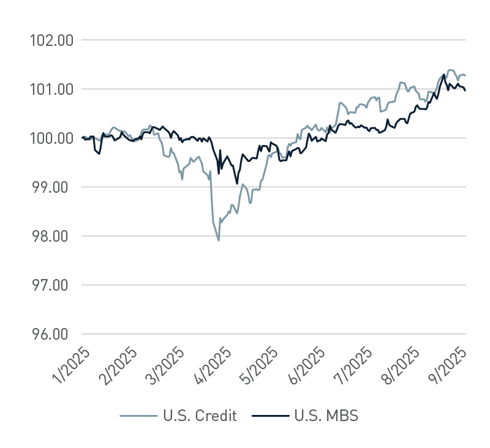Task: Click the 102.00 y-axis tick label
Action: pos(51,40)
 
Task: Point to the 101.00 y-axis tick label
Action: pos(51,89)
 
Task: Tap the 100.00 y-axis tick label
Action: pos(51,138)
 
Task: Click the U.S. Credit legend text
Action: pos(198,416)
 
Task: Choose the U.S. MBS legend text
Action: pos(326,416)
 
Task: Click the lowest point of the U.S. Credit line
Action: pos(219,241)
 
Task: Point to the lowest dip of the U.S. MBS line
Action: pos(236,184)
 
